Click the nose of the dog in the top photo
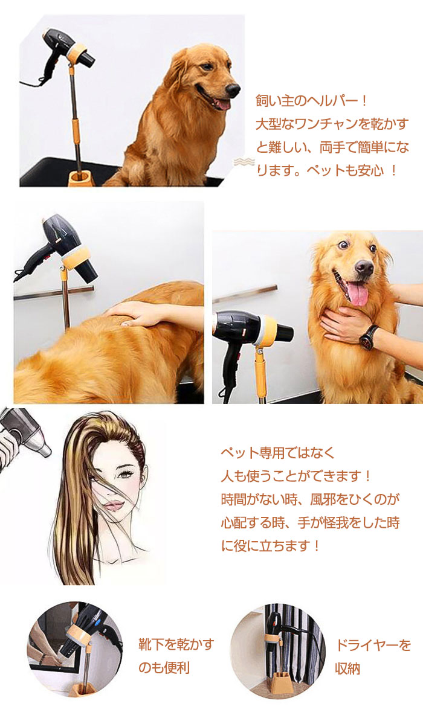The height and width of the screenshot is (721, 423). click(233, 89)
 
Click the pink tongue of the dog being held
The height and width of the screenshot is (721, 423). click(358, 294)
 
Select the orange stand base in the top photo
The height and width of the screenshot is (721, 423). click(81, 178)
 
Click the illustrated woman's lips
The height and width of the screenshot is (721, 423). click(114, 505)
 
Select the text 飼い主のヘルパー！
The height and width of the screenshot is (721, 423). click(312, 101)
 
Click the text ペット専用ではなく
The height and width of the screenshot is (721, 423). click(278, 452)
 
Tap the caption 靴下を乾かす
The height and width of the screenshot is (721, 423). click(176, 644)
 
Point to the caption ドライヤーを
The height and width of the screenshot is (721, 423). click(373, 645)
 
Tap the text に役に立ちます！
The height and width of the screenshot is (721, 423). click(271, 546)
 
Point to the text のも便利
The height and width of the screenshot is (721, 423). click(164, 668)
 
